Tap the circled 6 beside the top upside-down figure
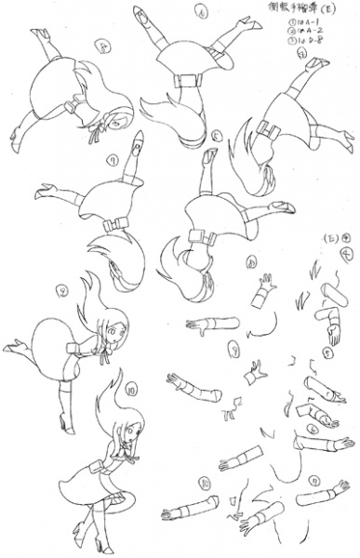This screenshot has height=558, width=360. click(x=201, y=12)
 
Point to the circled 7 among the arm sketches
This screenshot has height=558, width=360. click(x=233, y=349)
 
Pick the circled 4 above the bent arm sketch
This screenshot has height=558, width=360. click(x=346, y=253)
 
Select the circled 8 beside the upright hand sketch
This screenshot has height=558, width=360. click(x=329, y=353)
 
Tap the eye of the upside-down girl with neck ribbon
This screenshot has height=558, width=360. click(x=118, y=121)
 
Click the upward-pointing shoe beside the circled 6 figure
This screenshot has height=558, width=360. click(x=140, y=15)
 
